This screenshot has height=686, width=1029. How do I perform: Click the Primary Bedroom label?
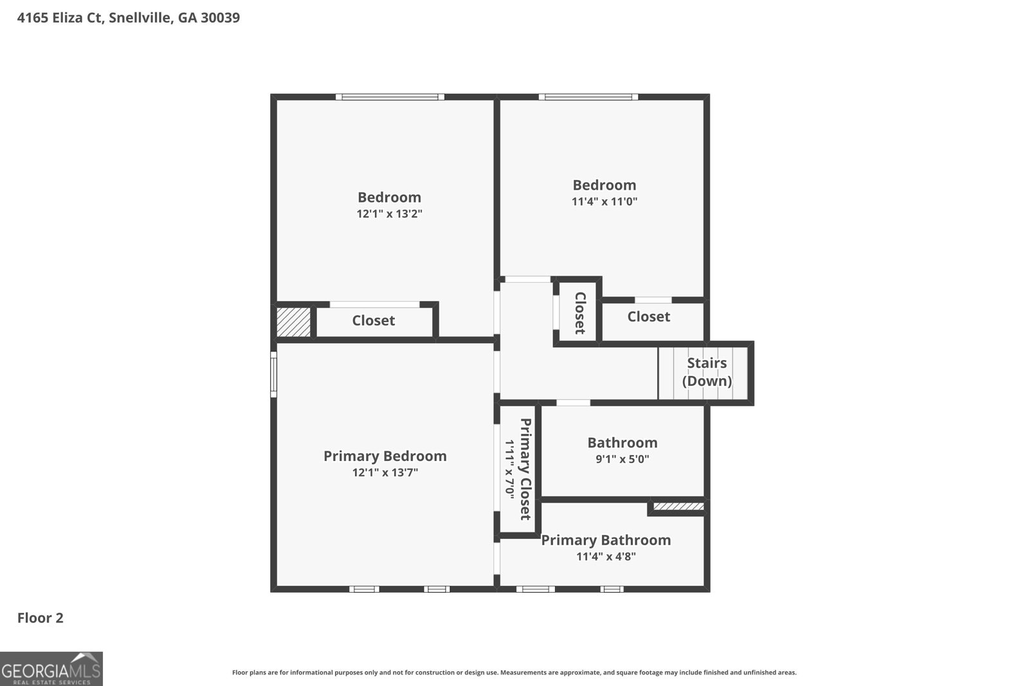385,456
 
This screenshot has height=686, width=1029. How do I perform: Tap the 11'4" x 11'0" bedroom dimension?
604,201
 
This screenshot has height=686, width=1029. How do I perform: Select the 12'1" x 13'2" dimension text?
389,213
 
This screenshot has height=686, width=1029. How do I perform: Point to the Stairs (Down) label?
707,372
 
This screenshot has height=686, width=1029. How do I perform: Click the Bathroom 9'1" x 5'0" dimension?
623,458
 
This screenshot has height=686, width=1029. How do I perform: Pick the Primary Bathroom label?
606,540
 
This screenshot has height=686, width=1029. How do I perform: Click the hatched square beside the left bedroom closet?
293,322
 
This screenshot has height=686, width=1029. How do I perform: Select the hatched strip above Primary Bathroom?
678,507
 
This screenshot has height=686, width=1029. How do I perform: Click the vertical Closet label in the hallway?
580,313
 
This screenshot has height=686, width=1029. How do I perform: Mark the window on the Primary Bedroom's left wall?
273,374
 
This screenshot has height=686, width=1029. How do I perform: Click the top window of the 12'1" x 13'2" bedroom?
390,97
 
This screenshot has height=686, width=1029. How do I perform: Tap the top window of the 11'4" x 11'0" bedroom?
588,97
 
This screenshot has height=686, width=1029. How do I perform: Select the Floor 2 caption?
41,618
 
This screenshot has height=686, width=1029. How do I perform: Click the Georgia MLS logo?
51,669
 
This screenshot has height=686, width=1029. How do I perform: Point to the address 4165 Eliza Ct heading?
129,18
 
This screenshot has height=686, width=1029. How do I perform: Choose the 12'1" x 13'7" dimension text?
385,472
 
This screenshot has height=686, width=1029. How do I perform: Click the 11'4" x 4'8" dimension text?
606,557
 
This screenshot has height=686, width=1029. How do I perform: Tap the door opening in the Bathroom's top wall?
573,402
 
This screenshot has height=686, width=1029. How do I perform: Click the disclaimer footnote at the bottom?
514,672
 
